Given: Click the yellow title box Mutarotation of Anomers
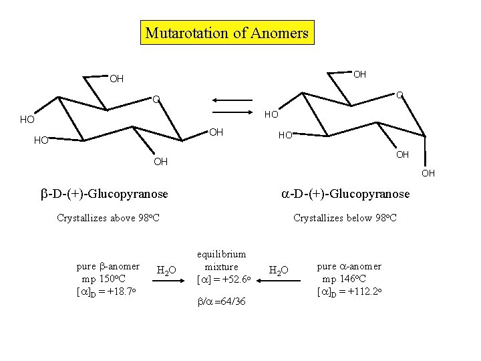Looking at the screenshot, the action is [227, 33].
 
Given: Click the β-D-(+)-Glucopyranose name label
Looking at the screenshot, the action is [105, 194].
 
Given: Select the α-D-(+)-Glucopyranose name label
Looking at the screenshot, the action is [345, 194].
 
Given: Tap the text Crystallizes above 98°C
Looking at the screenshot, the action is [108, 218].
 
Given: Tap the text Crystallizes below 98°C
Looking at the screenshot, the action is [345, 218].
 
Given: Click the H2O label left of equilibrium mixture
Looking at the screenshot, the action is [166, 270].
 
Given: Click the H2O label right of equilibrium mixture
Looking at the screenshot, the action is [278, 270].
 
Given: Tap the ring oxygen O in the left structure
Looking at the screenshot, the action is [155, 100].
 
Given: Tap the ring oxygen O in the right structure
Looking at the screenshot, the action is [399, 95].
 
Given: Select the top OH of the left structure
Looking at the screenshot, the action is [116, 79].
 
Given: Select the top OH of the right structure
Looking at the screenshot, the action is [359, 74].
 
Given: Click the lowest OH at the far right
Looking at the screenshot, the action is [428, 174].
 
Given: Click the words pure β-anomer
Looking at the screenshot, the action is [108, 266].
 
